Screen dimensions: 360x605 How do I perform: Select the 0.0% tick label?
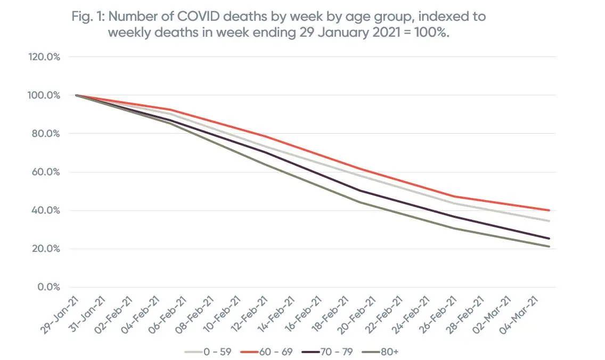[x=48, y=287]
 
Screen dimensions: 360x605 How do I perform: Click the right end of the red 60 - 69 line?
[x=549, y=210]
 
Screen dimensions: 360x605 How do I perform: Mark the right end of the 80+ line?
[x=549, y=247]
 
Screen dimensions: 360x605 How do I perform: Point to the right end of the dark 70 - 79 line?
[x=549, y=239]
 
